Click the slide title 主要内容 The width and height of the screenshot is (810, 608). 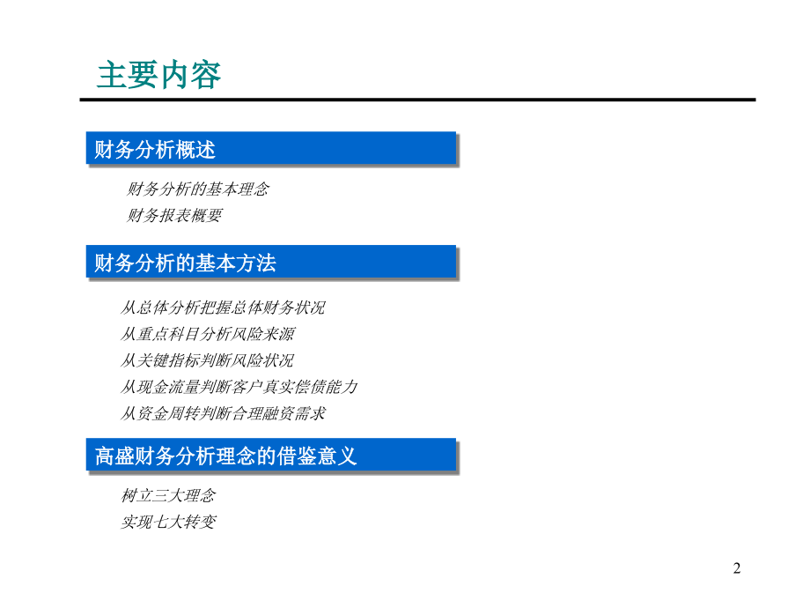tap(158, 75)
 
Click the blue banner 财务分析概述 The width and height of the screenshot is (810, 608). tap(270, 148)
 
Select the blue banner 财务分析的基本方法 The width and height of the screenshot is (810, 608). tap(270, 262)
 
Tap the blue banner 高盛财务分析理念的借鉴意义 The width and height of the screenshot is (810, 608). tap(270, 456)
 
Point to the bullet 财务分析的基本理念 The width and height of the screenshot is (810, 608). tap(198, 189)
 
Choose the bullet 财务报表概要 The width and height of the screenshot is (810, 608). tap(174, 215)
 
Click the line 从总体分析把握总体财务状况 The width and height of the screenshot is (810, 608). tap(223, 308)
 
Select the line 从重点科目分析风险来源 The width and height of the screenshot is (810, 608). tap(208, 334)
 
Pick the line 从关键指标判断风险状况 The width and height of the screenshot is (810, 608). tap(208, 360)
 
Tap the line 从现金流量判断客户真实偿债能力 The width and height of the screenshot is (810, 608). tap(239, 387)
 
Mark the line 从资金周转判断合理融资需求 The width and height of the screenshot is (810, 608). tap(223, 413)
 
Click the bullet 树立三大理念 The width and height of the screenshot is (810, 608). tap(167, 495)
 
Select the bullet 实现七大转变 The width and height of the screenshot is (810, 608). tap(167, 522)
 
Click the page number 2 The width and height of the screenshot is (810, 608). tap(737, 568)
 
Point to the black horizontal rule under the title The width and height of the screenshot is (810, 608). tap(417, 100)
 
